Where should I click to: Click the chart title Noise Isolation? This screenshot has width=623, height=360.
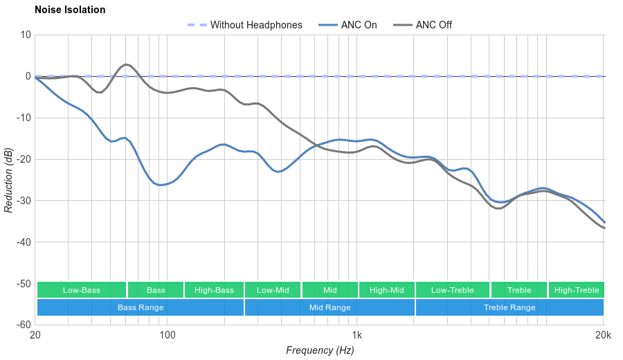pos(70,10)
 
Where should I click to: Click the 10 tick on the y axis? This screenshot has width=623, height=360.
pos(26,35)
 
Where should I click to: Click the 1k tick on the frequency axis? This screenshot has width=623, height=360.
pos(357,334)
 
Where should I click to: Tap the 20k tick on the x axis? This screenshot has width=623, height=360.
pos(603,334)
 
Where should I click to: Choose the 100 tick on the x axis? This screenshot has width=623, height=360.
pos(168,334)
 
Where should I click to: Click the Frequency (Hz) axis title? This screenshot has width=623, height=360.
pos(320,350)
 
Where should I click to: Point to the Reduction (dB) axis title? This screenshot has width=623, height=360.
pos(8,180)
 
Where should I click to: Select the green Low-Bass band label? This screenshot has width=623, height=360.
pos(82,290)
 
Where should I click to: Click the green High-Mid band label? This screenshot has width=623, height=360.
pos(386,290)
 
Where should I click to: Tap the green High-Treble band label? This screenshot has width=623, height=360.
pos(577,290)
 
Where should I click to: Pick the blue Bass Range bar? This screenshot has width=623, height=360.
pos(141,307)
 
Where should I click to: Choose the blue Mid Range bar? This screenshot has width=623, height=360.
pos(329,307)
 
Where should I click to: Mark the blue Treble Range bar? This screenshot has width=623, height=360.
pos(509,307)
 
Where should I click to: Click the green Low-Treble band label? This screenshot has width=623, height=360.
pos(453,290)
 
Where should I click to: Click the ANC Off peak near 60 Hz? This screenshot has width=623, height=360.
pos(126,64)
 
